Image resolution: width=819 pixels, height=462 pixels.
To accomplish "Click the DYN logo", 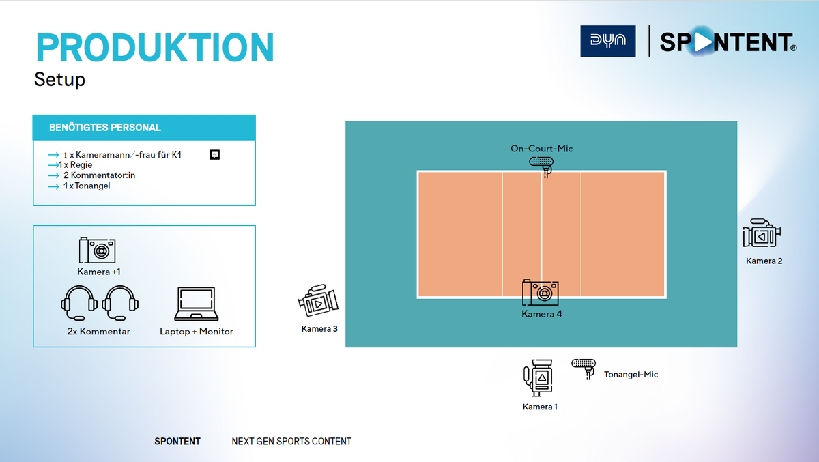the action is click(607, 41).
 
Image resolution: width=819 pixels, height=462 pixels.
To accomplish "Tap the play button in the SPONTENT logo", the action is click(702, 42).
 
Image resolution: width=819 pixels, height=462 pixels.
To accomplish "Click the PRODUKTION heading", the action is click(155, 48).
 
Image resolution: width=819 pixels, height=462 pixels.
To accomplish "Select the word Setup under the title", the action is click(59, 79).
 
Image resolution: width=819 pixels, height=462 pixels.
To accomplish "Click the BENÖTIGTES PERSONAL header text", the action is click(105, 127).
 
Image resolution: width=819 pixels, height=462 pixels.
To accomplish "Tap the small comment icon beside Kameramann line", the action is click(214, 155).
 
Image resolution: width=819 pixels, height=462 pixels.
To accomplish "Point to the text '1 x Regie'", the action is click(75, 165).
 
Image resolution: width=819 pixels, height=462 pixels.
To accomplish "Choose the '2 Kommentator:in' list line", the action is click(100, 175).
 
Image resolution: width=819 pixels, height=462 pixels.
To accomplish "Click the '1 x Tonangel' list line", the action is click(87, 186).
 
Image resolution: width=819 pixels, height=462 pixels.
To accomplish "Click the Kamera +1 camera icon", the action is click(97, 250).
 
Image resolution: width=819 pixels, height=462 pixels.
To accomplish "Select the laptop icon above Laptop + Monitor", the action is click(197, 304).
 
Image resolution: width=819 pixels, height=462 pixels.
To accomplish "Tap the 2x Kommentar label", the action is click(99, 332).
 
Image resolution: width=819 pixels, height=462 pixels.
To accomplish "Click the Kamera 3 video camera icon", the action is click(318, 300).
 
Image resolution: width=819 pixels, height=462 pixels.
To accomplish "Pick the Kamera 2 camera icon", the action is click(762, 233).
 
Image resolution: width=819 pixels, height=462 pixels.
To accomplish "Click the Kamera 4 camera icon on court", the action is click(541, 292).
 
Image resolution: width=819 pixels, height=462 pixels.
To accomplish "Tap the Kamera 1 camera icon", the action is click(538, 378).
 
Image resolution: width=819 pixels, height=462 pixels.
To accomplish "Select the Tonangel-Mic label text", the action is click(631, 374).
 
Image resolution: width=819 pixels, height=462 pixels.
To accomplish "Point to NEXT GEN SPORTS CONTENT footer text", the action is click(291, 441).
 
